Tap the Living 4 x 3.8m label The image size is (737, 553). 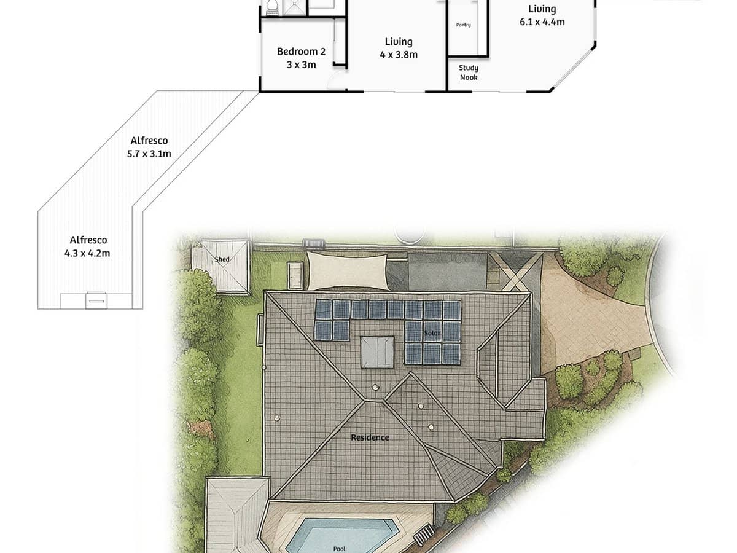(399, 48)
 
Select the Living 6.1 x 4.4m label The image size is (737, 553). (542, 15)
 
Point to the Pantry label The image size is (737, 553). (464, 25)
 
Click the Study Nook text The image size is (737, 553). (469, 73)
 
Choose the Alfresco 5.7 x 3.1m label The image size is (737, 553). (149, 147)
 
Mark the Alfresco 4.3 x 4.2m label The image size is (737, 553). (87, 246)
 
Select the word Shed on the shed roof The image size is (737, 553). (222, 259)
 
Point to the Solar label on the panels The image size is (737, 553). (432, 332)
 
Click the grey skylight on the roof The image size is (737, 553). (376, 351)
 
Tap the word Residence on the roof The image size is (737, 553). (370, 437)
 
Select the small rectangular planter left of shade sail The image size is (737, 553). (295, 275)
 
